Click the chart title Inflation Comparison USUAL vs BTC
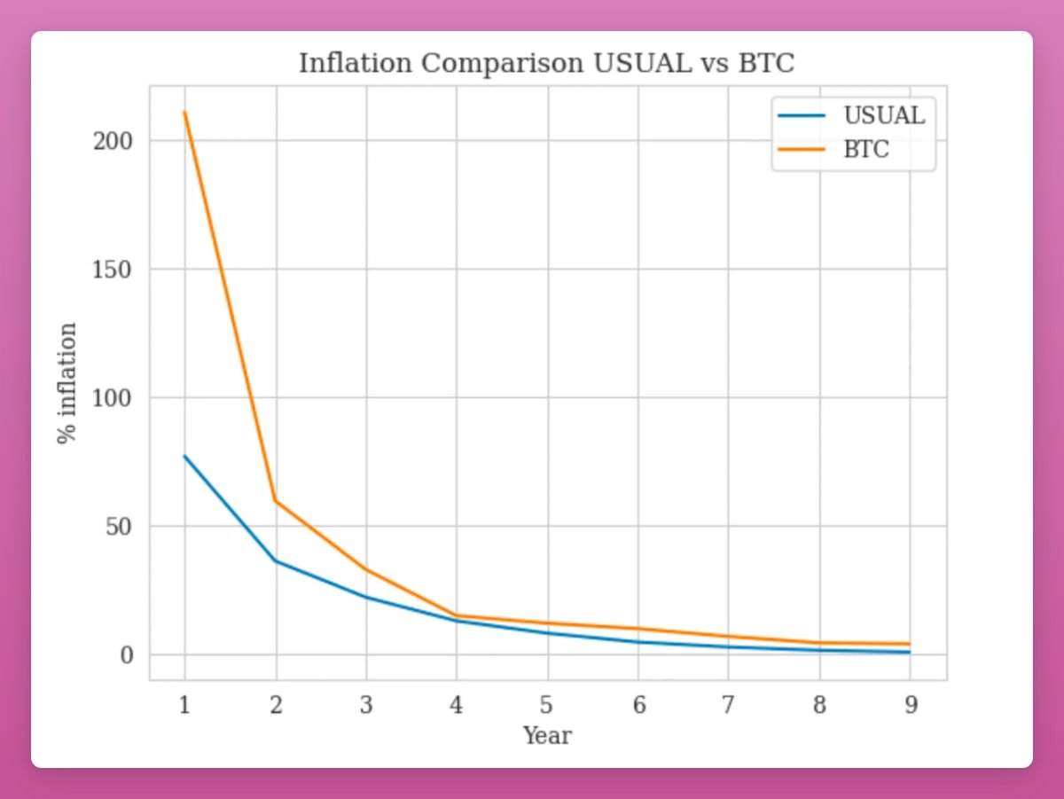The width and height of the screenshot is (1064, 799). [547, 64]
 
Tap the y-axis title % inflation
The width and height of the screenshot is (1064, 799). [68, 383]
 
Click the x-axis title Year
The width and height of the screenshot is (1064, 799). [547, 736]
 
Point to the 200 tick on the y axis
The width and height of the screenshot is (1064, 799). [113, 141]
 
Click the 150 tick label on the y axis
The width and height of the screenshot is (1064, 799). [113, 270]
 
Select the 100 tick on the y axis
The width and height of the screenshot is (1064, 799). [113, 398]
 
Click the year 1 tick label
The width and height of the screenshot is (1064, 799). [184, 705]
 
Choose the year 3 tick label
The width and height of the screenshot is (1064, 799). [366, 705]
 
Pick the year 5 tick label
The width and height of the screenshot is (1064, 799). [547, 705]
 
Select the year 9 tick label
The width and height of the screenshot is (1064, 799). [910, 705]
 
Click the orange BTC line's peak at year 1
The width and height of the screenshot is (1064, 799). [184, 112]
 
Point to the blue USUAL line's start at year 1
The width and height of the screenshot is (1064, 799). [184, 456]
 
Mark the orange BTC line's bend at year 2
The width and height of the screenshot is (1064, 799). [276, 501]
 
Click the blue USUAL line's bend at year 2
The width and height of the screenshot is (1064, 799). [276, 560]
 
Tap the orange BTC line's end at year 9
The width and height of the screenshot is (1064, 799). [910, 644]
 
